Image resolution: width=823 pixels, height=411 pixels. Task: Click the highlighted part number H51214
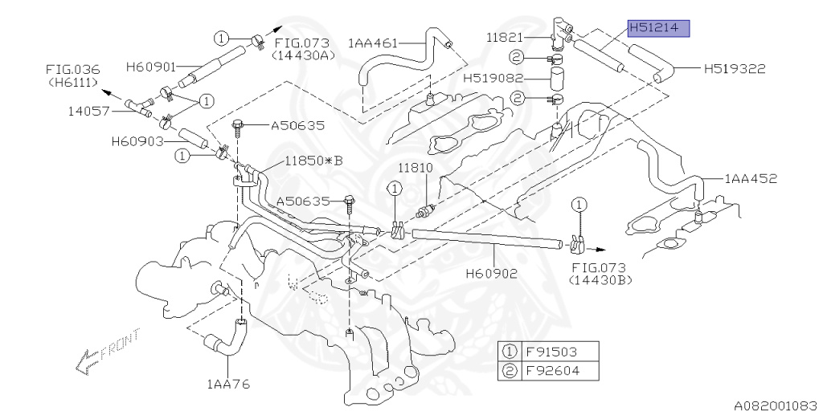pyautogui.click(x=659, y=28)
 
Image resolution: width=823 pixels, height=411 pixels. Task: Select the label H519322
pyautogui.click(x=735, y=68)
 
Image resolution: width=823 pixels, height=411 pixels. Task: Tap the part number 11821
pyautogui.click(x=505, y=38)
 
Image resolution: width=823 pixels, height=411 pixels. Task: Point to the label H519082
pyautogui.click(x=493, y=78)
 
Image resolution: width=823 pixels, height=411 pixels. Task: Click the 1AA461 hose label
pyautogui.click(x=373, y=43)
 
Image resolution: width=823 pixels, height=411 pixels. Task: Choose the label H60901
pyautogui.click(x=151, y=67)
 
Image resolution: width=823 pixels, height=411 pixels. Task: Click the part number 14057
pyautogui.click(x=87, y=111)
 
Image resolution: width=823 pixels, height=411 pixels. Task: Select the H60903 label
pyautogui.click(x=137, y=141)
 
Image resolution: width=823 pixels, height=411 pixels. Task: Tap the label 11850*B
pyautogui.click(x=313, y=161)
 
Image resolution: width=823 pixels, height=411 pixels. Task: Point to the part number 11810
pyautogui.click(x=416, y=169)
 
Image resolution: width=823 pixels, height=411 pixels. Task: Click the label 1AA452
pyautogui.click(x=751, y=179)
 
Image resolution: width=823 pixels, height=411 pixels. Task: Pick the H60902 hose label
pyautogui.click(x=492, y=273)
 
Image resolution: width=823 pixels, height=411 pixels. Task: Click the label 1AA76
pyautogui.click(x=229, y=385)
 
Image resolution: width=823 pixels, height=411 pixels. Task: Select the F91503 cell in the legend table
pyautogui.click(x=559, y=352)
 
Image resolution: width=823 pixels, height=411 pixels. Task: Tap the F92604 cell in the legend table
pyautogui.click(x=559, y=371)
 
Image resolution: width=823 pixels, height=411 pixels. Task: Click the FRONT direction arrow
pyautogui.click(x=109, y=352)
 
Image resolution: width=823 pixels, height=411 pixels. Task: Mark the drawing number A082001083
pyautogui.click(x=778, y=405)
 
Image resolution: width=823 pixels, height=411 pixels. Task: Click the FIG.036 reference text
pyautogui.click(x=72, y=69)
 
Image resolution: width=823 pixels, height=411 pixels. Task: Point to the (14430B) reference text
pyautogui.click(x=600, y=280)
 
